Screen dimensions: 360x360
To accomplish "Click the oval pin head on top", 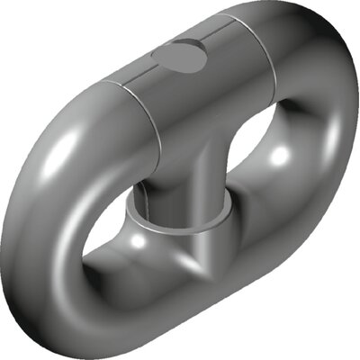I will [179, 58].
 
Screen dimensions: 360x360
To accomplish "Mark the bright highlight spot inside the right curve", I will [280, 155].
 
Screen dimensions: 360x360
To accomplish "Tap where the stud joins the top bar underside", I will [189, 148].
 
